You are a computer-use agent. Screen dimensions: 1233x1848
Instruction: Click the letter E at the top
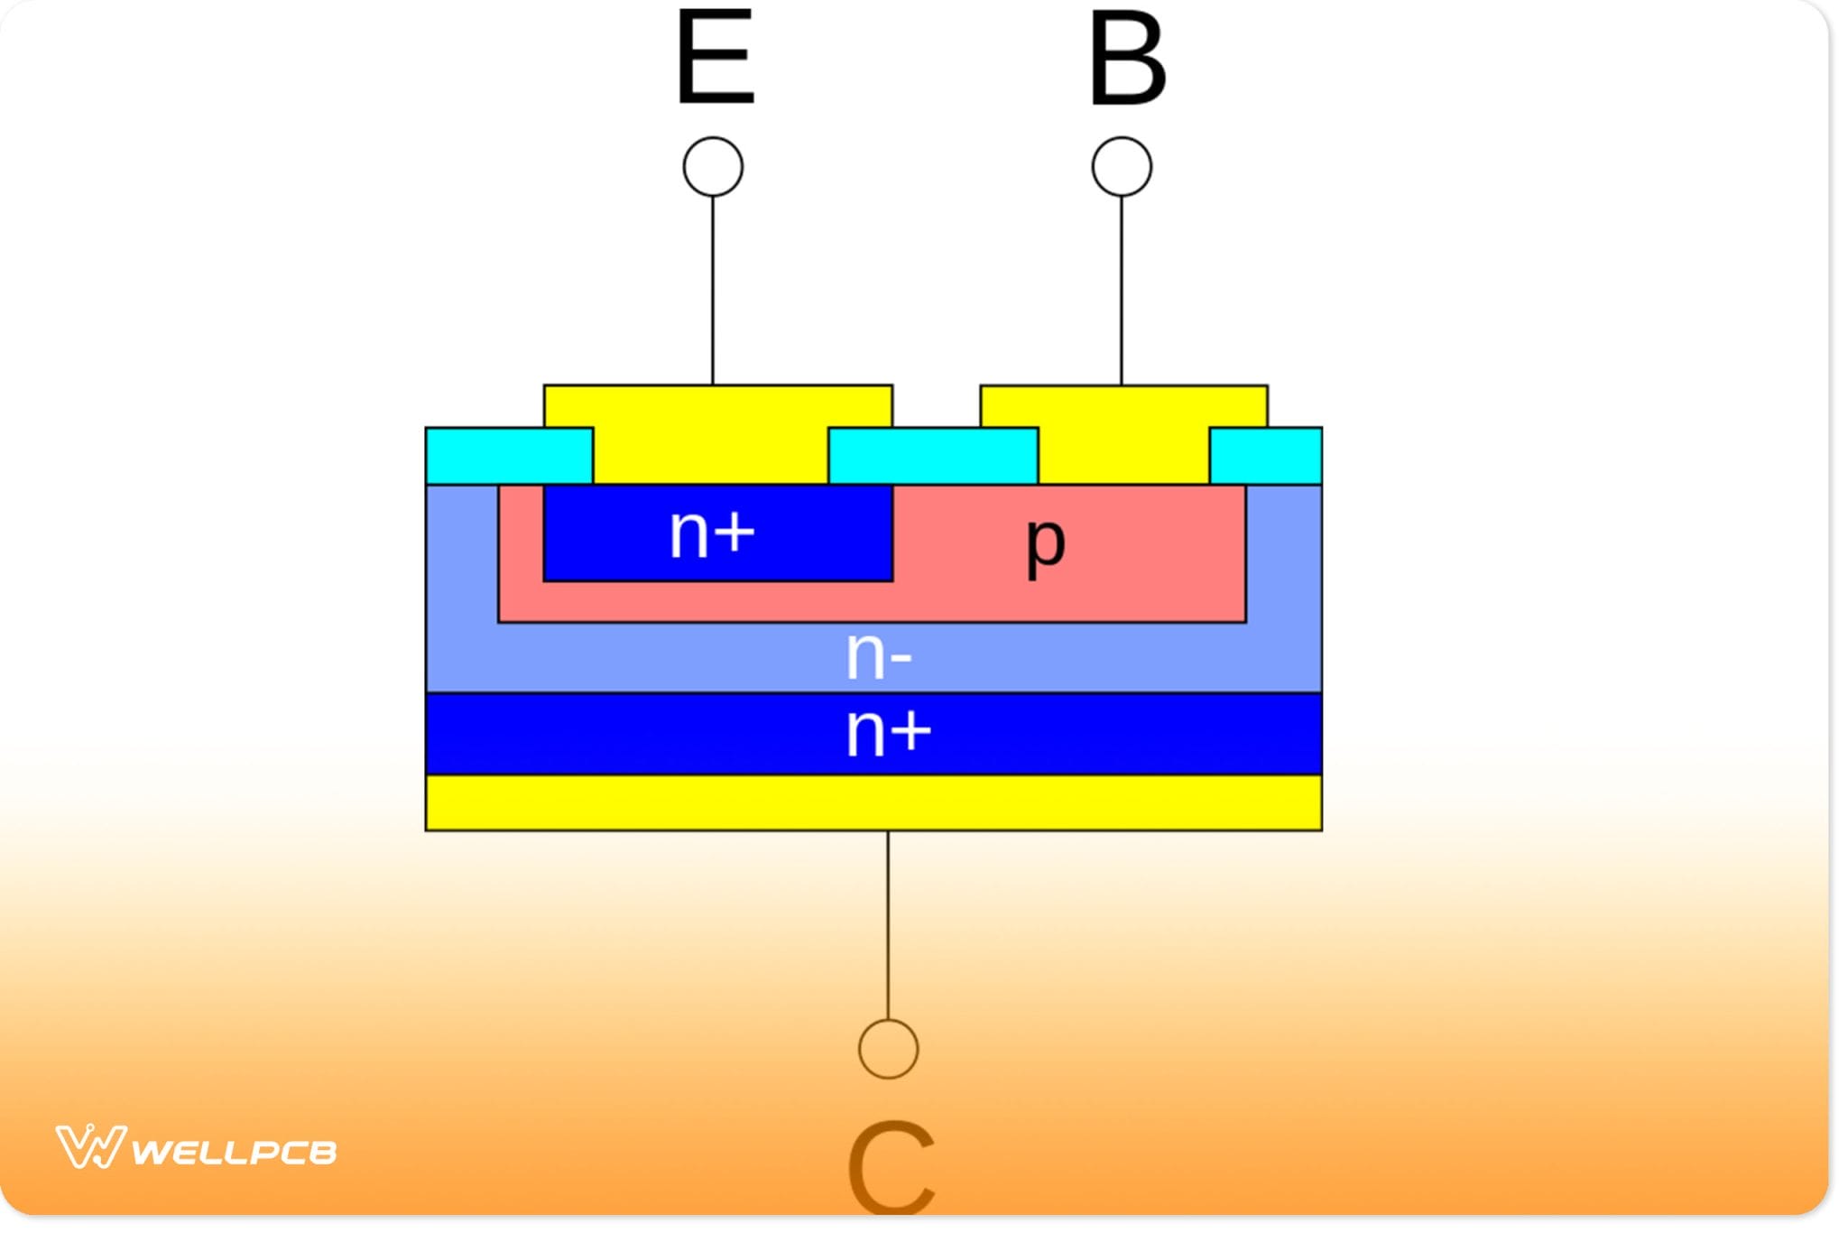click(715, 59)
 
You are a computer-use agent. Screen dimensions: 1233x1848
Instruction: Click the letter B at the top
click(1126, 60)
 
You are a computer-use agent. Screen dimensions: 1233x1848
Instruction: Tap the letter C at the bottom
click(890, 1169)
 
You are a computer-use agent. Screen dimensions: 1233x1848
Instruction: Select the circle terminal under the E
click(713, 167)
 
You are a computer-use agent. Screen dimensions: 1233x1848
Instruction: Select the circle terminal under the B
click(1122, 167)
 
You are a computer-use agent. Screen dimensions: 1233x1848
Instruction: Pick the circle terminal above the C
click(888, 1049)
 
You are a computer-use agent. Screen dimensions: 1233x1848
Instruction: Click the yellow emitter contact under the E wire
click(713, 433)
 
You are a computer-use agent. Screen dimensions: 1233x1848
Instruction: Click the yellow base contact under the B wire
click(1123, 433)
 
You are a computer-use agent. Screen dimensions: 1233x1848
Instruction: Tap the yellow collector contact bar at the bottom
click(873, 802)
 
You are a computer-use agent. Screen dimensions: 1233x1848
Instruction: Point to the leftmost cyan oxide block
click(509, 456)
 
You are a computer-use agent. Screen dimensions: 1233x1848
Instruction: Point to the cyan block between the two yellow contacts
click(933, 456)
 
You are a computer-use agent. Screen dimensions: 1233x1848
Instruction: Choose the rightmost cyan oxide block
click(1265, 456)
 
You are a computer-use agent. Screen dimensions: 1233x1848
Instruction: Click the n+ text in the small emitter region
click(711, 533)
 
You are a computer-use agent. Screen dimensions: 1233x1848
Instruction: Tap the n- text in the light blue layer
click(878, 656)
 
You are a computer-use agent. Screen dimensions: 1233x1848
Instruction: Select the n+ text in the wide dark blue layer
click(887, 732)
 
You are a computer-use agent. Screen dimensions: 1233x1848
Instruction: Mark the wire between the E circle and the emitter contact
click(713, 289)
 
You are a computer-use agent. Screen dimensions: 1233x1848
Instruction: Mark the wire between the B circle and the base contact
click(1122, 289)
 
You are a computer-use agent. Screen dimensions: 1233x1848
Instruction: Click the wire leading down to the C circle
click(888, 925)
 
